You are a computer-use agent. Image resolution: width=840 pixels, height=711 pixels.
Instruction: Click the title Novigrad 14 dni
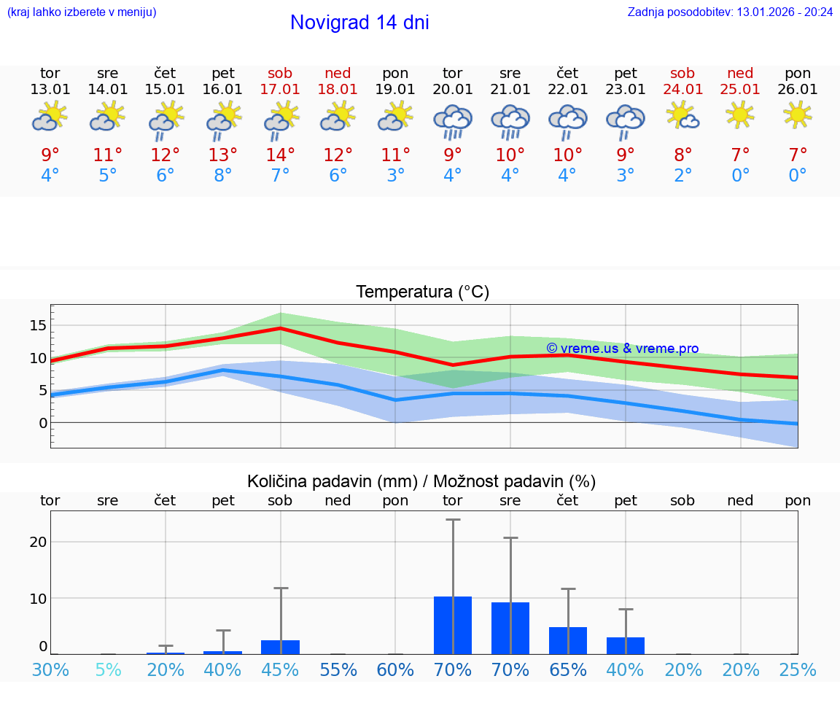pos(359,23)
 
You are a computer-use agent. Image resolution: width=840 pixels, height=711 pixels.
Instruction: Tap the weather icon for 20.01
pos(453,121)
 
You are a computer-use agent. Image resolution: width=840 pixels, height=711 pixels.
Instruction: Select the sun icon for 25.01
pos(740,114)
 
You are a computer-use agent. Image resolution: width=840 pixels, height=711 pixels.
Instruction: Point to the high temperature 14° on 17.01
pos(280,155)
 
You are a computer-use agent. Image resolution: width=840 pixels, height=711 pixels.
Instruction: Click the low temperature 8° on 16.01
pos(222,176)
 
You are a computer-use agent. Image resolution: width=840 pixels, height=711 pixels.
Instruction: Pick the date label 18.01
pos(338,89)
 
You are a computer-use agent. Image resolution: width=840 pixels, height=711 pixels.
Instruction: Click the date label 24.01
pos(682,89)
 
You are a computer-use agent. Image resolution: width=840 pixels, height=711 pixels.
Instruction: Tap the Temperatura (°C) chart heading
pos(422,292)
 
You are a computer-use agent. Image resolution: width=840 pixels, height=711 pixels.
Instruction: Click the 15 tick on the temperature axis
pos(39,325)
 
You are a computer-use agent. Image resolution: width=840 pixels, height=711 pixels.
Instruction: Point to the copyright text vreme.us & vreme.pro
pos(622,349)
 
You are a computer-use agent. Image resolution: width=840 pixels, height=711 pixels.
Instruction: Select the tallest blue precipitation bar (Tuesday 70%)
pos(453,625)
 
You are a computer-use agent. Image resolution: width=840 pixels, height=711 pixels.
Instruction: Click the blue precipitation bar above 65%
pos(568,640)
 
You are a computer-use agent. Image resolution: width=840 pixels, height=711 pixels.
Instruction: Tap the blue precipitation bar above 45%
pos(280,647)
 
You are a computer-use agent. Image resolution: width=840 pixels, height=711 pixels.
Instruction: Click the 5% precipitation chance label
pos(108,669)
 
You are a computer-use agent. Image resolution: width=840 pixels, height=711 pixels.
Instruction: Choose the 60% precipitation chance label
pos(395,669)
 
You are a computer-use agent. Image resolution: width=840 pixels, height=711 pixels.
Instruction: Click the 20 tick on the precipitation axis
pos(38,542)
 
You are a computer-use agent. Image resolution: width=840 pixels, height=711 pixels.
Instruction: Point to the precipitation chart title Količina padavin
pos(332,481)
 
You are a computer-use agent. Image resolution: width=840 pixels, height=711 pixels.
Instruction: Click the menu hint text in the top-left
pos(82,12)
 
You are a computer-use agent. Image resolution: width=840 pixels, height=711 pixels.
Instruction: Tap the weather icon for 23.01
pos(625,121)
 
